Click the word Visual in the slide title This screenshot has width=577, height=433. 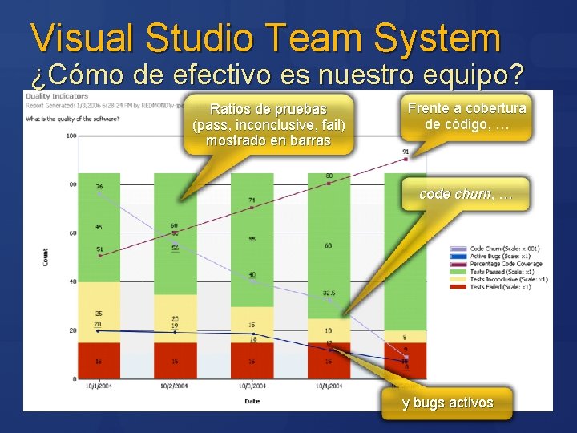pos(79,38)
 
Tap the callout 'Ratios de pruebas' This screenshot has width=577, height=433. pos(268,124)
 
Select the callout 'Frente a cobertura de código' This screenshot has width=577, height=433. pos(467,116)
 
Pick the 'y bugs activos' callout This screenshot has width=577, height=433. pos(447,403)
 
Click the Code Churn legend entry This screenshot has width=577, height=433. pos(497,249)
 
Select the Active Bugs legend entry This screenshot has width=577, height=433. pos(497,257)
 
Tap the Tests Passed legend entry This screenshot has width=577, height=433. pos(497,271)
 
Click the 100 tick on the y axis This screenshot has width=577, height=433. pos(71,136)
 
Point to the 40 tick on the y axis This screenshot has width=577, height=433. pos(72,281)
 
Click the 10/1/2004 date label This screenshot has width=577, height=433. pos(98,386)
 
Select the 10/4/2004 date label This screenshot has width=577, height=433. pos(327,386)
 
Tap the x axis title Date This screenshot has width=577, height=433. pos(252,401)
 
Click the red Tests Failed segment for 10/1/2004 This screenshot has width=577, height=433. pos(99,360)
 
